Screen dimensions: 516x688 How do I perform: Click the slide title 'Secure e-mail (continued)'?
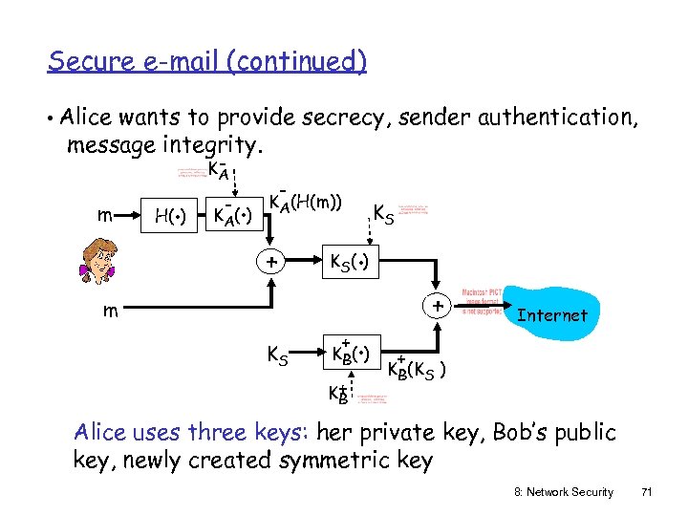[x=207, y=61]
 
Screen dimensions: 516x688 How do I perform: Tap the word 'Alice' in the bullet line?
[x=85, y=118]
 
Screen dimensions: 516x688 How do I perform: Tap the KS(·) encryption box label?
[x=353, y=261]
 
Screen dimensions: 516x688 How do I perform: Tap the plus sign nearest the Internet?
[x=436, y=308]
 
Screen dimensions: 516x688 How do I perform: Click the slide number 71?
[x=647, y=492]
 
